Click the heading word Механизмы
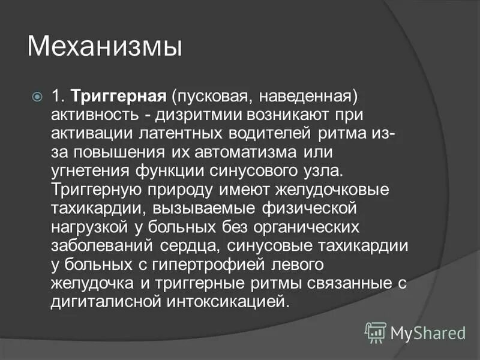pyautogui.click(x=104, y=47)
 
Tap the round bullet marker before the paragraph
pyautogui.click(x=37, y=96)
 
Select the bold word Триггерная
pyautogui.click(x=118, y=96)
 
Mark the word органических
pyautogui.click(x=311, y=226)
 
